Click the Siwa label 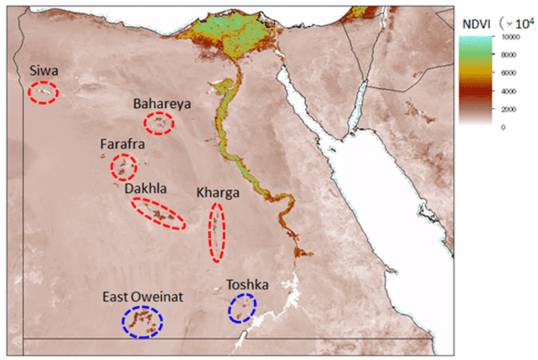(44, 71)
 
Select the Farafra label (122, 143)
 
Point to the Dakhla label (146, 188)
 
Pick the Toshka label (247, 285)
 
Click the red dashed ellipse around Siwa (43, 92)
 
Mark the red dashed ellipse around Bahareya (159, 124)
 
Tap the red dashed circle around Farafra (123, 167)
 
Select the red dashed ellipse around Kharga (217, 232)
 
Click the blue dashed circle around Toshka (242, 308)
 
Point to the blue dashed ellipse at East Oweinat (142, 322)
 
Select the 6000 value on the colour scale (508, 73)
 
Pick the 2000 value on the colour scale (508, 109)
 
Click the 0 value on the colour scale (503, 127)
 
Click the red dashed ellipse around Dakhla (158, 213)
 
